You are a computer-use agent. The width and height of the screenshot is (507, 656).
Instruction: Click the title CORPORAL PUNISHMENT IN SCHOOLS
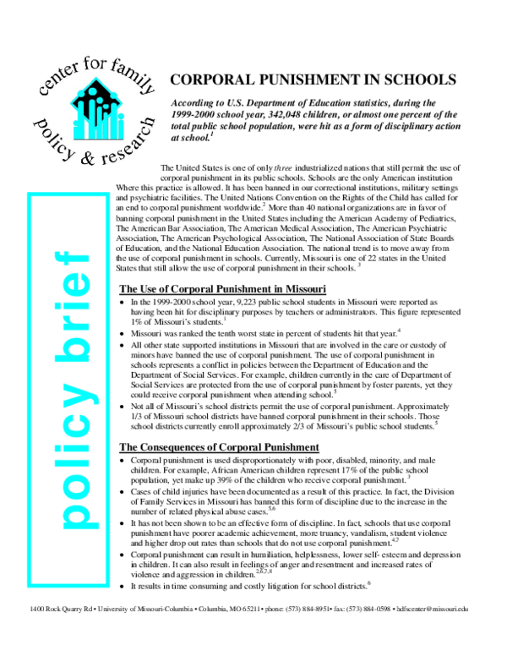(313, 80)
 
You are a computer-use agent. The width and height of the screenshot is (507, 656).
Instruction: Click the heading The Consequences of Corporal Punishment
(220, 446)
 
